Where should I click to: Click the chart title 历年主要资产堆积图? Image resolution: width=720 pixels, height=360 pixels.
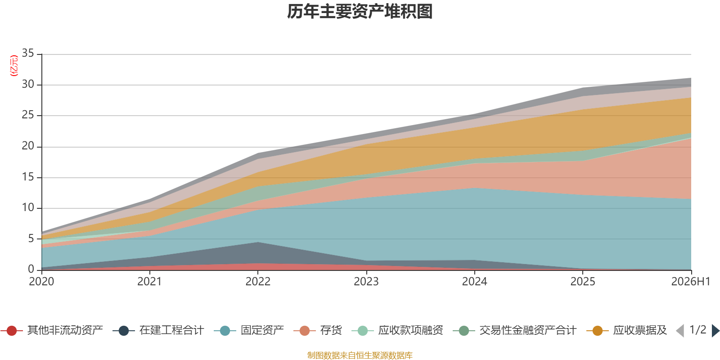(x=360, y=12)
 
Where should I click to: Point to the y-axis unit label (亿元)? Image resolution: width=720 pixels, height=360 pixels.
(x=14, y=66)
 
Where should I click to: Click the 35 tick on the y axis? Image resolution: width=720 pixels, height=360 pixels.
(x=28, y=54)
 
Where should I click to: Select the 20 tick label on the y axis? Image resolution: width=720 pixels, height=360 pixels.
(x=28, y=146)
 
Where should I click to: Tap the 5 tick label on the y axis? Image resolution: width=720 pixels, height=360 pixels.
(x=31, y=239)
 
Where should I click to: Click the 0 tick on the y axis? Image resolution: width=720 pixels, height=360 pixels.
(x=31, y=269)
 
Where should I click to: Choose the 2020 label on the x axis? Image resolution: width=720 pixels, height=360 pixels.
(x=41, y=282)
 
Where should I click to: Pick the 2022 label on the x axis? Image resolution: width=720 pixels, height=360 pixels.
(x=258, y=282)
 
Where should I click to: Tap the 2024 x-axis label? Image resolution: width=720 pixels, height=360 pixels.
(x=474, y=282)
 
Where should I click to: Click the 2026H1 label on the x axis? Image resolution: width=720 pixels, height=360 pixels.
(x=690, y=282)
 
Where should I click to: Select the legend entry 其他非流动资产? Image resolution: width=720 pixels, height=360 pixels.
(x=52, y=330)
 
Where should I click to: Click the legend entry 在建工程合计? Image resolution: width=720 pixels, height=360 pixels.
(x=158, y=330)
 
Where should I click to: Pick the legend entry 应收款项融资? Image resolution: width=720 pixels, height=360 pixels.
(x=398, y=330)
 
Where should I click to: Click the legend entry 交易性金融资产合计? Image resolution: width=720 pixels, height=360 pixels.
(x=515, y=330)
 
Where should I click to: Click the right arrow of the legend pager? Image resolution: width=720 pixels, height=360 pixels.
(x=715, y=330)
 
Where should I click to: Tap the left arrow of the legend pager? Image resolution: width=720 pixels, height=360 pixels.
(x=680, y=330)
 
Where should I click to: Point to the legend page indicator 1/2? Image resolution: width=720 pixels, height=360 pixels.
(x=698, y=330)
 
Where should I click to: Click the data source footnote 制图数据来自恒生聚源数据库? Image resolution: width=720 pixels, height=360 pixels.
(x=360, y=355)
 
